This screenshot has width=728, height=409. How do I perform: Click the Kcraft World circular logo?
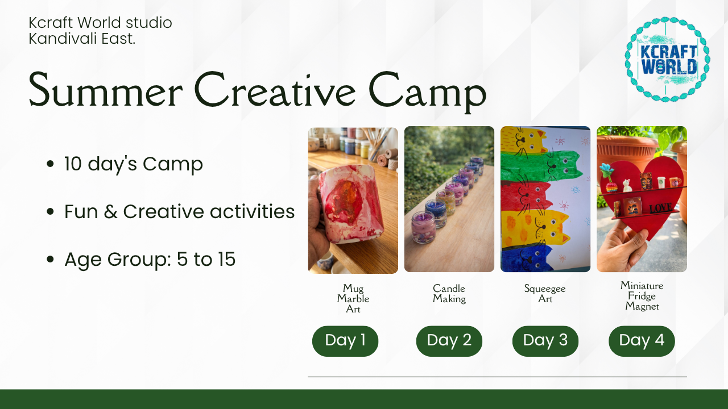coord(667,60)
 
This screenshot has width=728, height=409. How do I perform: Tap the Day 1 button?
coord(345,341)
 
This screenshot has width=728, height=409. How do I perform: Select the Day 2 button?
coord(449,341)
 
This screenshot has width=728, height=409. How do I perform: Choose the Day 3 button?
coord(545,341)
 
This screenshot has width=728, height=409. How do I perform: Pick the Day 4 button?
coord(642,341)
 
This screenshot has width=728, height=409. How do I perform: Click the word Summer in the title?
coord(106,90)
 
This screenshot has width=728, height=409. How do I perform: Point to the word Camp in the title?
coord(427,93)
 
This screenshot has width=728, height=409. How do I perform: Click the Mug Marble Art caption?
coord(353,298)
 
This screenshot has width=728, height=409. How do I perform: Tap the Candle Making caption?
coord(449,294)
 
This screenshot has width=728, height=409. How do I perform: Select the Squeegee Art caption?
coord(545,294)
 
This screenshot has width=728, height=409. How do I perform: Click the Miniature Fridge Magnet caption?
coord(642,296)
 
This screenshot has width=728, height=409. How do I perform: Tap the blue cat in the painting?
coord(527,257)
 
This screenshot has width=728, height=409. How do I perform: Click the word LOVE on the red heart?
coord(661,208)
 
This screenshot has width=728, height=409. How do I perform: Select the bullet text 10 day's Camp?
coord(134,164)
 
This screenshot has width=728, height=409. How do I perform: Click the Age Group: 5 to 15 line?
coord(150,260)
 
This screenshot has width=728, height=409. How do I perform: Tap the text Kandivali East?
coord(82,39)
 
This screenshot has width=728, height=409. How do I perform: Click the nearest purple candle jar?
coord(424,227)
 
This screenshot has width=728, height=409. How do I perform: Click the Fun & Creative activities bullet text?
coord(179,212)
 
